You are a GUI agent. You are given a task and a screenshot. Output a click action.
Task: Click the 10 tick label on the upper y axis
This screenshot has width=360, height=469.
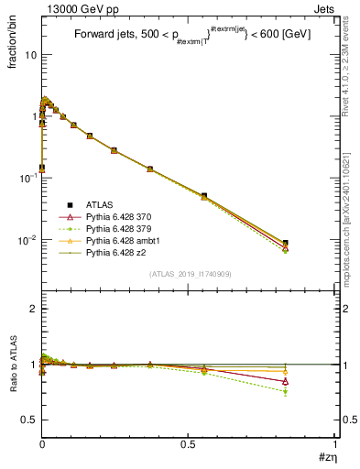[x=29, y=55]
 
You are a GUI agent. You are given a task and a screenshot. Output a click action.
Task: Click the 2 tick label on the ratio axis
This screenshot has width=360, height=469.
[x=33, y=309]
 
